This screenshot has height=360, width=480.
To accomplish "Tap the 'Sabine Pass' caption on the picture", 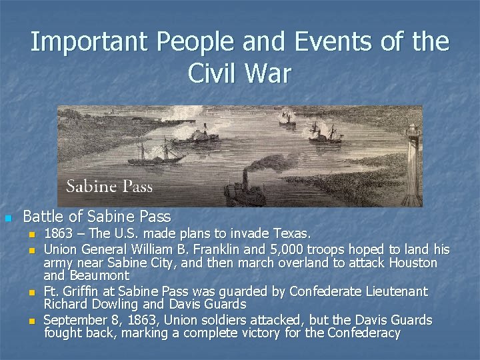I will coord(109,186).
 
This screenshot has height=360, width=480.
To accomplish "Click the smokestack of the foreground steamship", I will coord(245,178).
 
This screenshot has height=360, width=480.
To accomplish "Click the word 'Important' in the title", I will coord(88,43).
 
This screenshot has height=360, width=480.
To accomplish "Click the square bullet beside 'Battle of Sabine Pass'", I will coord(8,218).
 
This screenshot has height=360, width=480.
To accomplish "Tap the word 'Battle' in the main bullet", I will coord(41,217).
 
